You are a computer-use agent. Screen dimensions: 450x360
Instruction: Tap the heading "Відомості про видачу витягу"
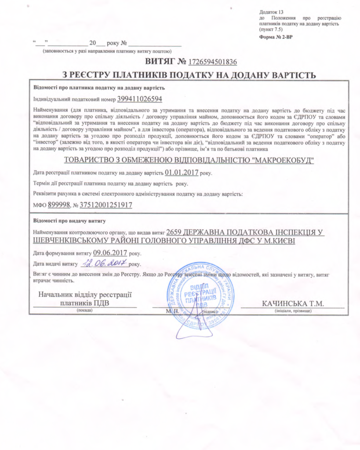pyautogui.click(x=69, y=220)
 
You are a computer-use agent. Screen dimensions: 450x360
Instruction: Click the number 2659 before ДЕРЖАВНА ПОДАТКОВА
pyautogui.click(x=175, y=232)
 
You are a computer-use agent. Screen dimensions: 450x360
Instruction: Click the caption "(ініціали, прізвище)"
pyautogui.click(x=292, y=311)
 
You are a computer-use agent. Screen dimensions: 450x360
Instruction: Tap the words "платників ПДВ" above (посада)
pyautogui.click(x=84, y=303)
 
